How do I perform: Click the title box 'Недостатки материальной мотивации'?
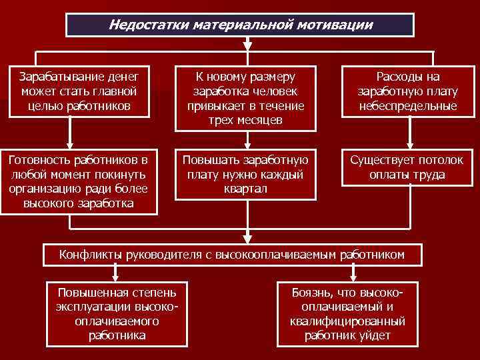[240, 25]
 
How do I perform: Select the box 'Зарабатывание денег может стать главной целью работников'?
[79, 91]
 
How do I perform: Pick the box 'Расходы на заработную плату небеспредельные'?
[407, 91]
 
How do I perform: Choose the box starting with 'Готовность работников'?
[79, 181]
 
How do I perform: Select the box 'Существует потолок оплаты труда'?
[407, 167]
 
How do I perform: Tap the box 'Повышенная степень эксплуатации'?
[116, 314]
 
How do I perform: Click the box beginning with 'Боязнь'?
[348, 314]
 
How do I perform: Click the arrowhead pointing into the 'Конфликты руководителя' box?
[247, 239]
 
